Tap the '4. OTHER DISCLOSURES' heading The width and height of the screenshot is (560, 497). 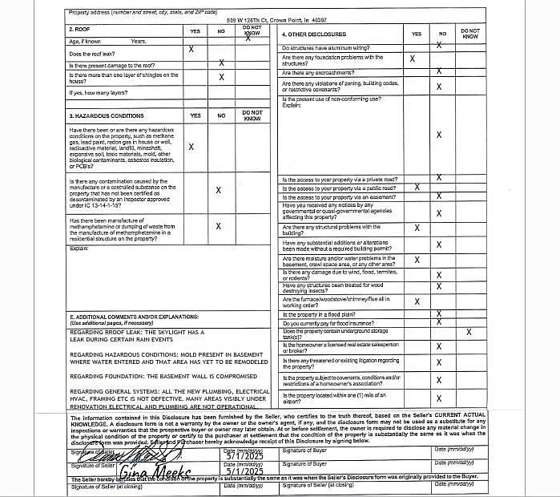point(314,34)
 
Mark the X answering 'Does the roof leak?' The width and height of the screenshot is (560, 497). point(191,50)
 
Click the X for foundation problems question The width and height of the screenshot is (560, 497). point(412,59)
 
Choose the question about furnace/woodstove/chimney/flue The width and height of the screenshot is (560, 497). point(325,301)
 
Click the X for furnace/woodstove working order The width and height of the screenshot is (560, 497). point(415,301)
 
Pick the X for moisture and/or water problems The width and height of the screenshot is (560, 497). point(415,259)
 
